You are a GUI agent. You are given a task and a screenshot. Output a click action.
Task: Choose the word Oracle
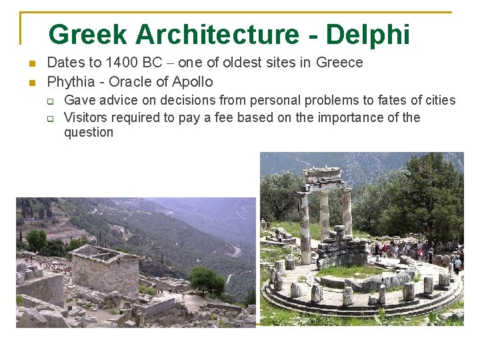pos(129,82)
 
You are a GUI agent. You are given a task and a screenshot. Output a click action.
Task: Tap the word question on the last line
pos(89,132)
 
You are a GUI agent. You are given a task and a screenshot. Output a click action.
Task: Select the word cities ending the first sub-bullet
pos(437,100)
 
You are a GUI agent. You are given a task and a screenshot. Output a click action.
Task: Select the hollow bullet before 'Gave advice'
pos(49,101)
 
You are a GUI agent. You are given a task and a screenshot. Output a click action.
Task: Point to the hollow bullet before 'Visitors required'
pos(49,119)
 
